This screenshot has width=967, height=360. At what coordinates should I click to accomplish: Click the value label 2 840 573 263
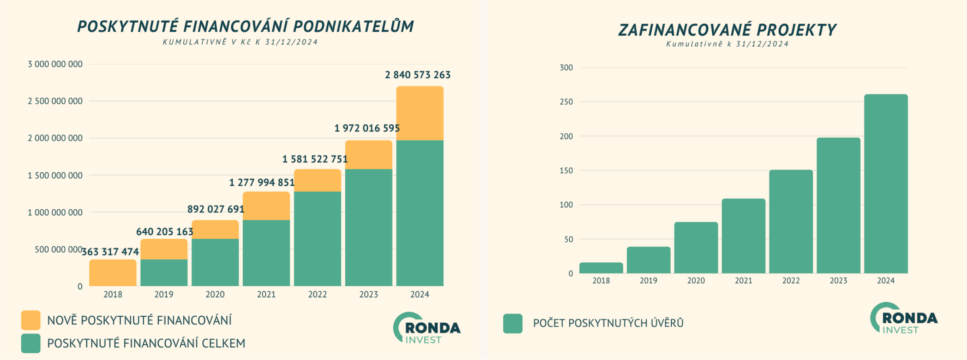(x=418, y=75)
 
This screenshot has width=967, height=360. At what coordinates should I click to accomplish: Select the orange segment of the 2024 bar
(x=420, y=113)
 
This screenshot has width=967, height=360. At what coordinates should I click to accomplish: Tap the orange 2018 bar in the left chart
(x=113, y=273)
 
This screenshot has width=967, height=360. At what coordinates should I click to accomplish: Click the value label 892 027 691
(x=216, y=209)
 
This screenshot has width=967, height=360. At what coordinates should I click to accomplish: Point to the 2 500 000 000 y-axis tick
(x=55, y=101)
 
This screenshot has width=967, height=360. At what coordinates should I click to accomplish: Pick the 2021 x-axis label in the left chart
(x=266, y=294)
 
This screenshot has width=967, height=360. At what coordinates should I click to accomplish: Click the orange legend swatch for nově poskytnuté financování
(x=31, y=320)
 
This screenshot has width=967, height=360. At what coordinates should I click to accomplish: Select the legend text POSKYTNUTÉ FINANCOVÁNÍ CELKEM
(x=146, y=343)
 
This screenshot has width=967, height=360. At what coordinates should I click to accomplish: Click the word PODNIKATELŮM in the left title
(x=353, y=26)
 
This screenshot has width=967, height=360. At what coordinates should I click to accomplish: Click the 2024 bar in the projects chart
(x=886, y=184)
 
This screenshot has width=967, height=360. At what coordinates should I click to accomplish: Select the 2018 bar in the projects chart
(x=601, y=268)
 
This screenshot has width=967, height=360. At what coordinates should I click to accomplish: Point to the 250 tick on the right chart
(x=566, y=102)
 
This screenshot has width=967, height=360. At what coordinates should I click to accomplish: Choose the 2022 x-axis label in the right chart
(x=791, y=281)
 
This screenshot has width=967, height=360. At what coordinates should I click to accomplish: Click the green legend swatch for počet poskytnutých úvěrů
(x=513, y=324)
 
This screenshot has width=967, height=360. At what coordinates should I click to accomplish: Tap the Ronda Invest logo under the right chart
(x=904, y=319)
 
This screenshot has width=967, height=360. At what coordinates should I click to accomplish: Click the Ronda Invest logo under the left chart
(x=426, y=328)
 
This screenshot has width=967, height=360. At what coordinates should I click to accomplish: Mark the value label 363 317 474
(x=110, y=252)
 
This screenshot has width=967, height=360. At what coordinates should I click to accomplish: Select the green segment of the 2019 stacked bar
(x=164, y=273)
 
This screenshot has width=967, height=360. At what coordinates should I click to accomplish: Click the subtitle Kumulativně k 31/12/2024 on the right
(x=727, y=44)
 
